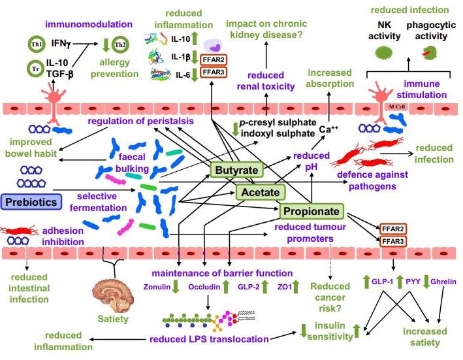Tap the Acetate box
tap(260, 192)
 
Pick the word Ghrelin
tap(443, 282)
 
